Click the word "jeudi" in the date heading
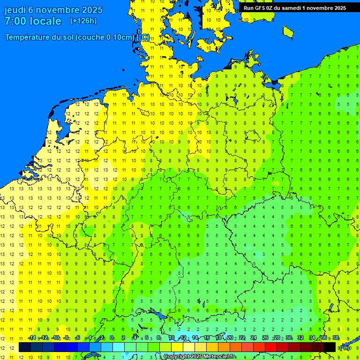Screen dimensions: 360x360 (x=15, y=10)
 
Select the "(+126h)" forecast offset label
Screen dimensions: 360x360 (x=83, y=21)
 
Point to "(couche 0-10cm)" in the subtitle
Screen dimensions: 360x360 (x=105, y=37)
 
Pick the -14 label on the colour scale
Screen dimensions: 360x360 (x=31, y=338)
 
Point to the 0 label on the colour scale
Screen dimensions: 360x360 (x=112, y=338)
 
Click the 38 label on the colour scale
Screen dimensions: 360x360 (x=336, y=338)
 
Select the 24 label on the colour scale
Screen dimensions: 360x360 (x=254, y=338)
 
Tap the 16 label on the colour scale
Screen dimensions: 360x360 (x=207, y=338)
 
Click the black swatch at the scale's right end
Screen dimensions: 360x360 (x=330, y=347)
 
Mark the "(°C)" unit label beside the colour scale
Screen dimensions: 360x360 (x=345, y=347)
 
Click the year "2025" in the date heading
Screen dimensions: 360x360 (x=82, y=10)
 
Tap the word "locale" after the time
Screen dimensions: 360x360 (x=46, y=21)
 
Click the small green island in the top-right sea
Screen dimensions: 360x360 (x=288, y=31)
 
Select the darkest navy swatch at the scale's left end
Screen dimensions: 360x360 (x=24, y=347)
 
